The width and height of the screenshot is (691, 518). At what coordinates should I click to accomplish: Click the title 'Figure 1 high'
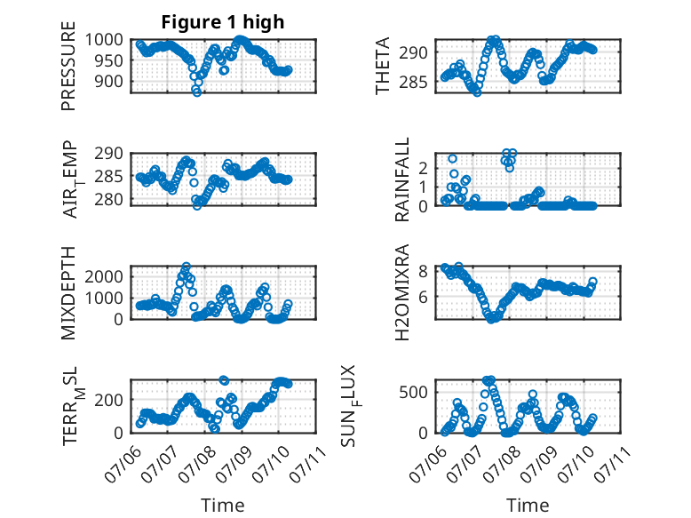223,22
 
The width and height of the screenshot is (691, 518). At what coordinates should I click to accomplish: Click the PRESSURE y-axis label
68,66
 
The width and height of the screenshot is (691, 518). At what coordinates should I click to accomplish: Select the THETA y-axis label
383,66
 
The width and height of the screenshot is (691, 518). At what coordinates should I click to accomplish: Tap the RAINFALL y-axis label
402,179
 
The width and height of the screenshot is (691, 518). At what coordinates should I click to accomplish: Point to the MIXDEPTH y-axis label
68,293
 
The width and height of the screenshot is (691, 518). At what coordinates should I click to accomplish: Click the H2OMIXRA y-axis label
402,292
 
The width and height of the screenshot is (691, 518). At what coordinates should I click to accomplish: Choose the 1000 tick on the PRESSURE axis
104,40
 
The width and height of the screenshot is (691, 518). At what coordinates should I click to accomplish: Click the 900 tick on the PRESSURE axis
109,81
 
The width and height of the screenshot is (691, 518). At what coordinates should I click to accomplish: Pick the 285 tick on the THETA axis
413,82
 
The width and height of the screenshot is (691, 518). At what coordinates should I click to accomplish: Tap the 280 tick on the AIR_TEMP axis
109,199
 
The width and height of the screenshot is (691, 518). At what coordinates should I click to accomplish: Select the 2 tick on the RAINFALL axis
423,168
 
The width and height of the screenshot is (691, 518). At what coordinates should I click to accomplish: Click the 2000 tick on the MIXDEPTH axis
104,277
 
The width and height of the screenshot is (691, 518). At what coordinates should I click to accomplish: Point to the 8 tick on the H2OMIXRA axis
423,271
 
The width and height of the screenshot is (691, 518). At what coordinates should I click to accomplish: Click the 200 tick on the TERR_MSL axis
109,400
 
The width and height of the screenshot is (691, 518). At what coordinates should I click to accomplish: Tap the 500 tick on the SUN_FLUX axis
413,392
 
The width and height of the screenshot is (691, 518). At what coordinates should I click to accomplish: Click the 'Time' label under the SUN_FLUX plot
528,506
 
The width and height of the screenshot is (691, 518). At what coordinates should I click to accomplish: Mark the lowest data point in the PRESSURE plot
196,92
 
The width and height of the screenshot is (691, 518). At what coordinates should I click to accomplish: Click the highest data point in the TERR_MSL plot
224,380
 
